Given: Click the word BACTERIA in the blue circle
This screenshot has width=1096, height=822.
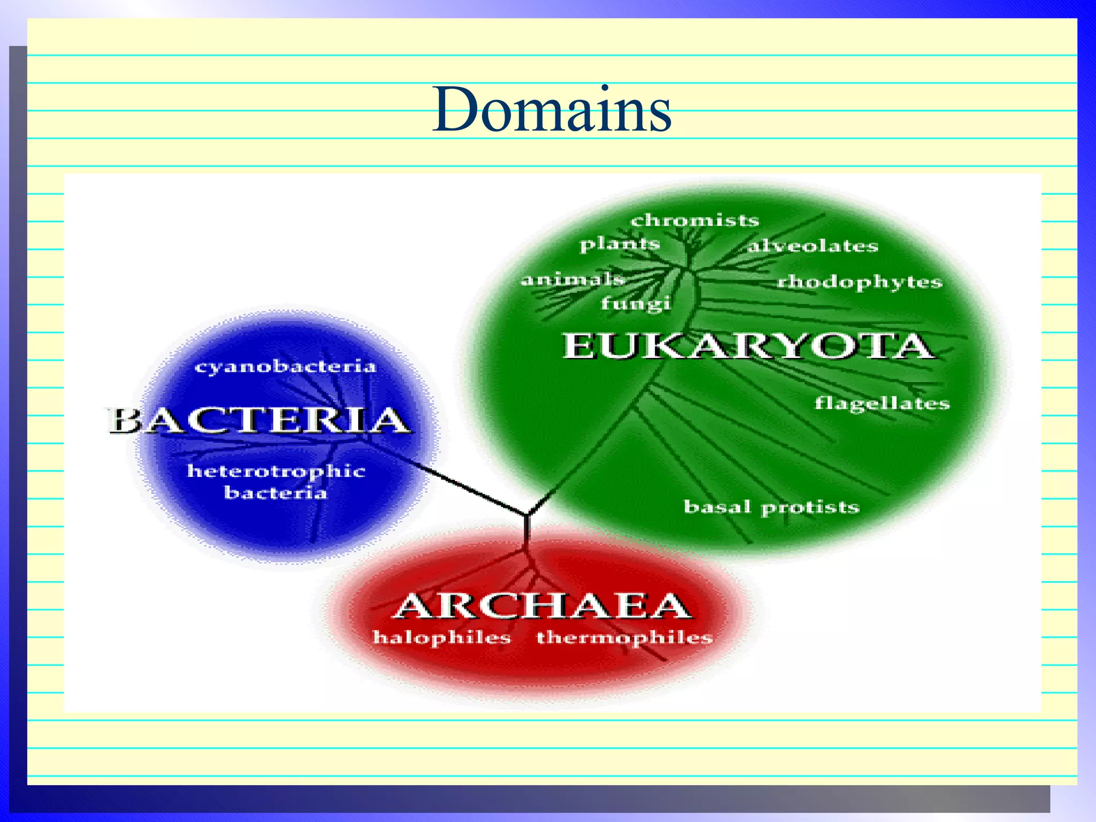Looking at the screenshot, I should coord(260,420).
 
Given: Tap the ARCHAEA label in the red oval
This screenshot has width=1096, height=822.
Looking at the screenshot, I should coord(542,606).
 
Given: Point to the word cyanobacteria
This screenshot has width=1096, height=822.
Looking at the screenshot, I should coord(285,367).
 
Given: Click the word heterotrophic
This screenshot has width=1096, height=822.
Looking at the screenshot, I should coord(276,471).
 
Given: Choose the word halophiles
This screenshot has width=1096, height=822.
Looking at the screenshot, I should coord(442,637).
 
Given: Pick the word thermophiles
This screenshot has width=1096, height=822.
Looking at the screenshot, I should coord(625,637).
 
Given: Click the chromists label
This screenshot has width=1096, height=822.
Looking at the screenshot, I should coord(694,220).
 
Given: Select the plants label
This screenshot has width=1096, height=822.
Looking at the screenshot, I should coord(620,244).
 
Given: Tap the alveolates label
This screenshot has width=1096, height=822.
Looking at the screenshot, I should coord(812,246).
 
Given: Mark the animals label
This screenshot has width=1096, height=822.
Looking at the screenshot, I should coord(572,279).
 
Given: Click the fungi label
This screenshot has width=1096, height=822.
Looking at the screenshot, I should coord(635,303).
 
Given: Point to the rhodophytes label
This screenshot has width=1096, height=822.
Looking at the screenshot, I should coord(859,281).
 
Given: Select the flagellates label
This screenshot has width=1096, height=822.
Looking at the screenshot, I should coord(882,403).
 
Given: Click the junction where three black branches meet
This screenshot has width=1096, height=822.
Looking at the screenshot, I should coord(528,515).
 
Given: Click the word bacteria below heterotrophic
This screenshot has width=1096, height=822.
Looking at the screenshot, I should coord(275,492).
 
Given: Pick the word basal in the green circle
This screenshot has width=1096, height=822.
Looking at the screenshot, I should coord(717,506).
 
